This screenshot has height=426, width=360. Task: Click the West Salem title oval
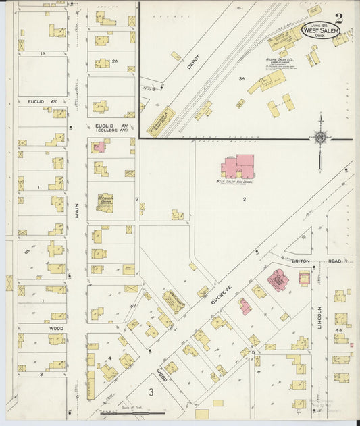click(x=316, y=30)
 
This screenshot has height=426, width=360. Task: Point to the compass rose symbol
click(x=319, y=137)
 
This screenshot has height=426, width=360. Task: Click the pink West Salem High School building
click(x=237, y=167)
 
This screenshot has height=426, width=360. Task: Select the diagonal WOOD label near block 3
click(x=162, y=374)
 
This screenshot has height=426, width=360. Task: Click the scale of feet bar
click(x=132, y=412)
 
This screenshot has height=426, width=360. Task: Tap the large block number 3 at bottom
click(x=152, y=391)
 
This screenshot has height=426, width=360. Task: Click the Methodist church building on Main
click(x=104, y=203)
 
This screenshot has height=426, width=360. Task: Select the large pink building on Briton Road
click(x=276, y=279)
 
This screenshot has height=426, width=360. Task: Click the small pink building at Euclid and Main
click(x=99, y=147)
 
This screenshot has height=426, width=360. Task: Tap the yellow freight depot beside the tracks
click(x=161, y=121)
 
